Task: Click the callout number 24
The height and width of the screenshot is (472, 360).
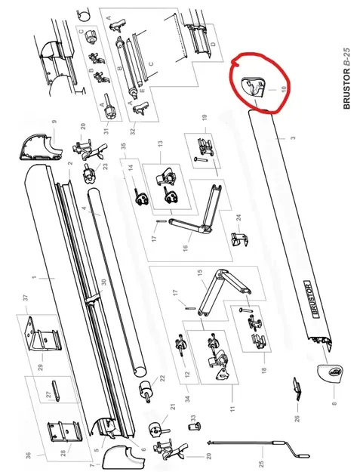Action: (238, 219)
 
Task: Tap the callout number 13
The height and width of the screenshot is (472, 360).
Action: (159, 143)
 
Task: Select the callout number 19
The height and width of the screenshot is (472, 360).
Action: (204, 116)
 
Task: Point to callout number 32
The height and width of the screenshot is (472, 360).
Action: (133, 131)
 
